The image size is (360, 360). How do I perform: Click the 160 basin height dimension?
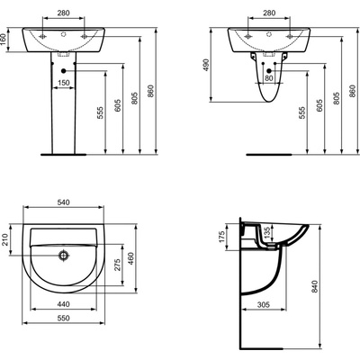4,40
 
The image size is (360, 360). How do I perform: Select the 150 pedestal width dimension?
63,83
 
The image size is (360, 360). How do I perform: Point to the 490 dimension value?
207,65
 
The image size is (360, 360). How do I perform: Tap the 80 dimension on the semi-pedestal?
269,78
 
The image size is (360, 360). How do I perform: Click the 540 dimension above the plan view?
64,202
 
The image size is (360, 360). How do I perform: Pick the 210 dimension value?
5,239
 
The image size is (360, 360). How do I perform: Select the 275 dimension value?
117,265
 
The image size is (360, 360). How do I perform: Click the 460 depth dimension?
131,258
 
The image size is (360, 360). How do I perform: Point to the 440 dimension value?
63,304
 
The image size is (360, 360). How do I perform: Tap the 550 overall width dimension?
63,318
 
